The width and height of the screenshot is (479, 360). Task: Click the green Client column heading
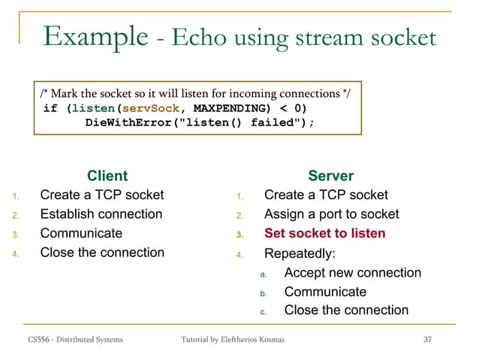click(x=107, y=176)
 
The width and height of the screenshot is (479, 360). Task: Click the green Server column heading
click(x=330, y=176)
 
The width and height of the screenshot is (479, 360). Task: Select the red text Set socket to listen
click(x=324, y=234)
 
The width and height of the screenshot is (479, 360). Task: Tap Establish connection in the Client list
click(x=101, y=214)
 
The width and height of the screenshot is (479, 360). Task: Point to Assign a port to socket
click(x=331, y=214)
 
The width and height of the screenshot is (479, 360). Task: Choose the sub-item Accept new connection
click(x=352, y=273)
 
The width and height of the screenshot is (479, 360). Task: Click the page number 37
click(x=428, y=341)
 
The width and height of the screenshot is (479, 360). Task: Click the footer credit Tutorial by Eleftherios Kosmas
click(x=233, y=341)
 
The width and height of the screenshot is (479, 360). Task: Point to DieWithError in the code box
click(x=127, y=122)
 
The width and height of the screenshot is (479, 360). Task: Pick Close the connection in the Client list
click(x=101, y=253)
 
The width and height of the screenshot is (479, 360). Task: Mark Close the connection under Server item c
click(x=346, y=310)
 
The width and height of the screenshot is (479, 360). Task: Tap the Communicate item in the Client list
click(x=80, y=233)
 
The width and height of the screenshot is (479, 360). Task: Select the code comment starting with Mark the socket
click(x=200, y=93)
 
